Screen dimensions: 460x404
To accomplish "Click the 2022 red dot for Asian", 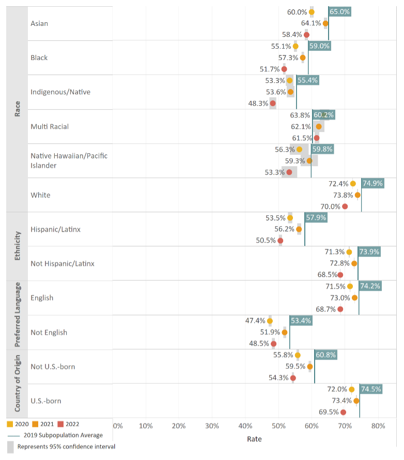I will point(306,35).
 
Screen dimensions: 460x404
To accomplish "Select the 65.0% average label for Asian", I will point(339,11).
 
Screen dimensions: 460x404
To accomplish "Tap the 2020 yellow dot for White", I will point(353,183).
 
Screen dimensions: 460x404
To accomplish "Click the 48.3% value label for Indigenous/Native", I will point(258,103).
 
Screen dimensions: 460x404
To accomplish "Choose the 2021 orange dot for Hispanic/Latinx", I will point(299,229).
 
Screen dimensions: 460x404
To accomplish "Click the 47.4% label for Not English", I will point(255,321).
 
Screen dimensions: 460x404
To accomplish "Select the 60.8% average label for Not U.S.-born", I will point(325,355).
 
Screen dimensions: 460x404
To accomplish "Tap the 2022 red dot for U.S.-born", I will point(343,412).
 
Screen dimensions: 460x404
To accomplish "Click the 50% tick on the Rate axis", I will point(278,426).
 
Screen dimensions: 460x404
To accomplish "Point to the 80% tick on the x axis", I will point(378,426).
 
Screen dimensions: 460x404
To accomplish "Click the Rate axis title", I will point(254,439).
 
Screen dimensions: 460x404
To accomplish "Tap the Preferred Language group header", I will point(17,315).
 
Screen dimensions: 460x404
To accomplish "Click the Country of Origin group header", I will point(17,383).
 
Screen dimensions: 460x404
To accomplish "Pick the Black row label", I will point(39,58).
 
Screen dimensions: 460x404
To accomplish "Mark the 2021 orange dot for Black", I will point(302,57).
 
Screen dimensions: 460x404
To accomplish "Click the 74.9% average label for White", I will point(373,183).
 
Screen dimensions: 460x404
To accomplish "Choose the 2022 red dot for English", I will point(340,309).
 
